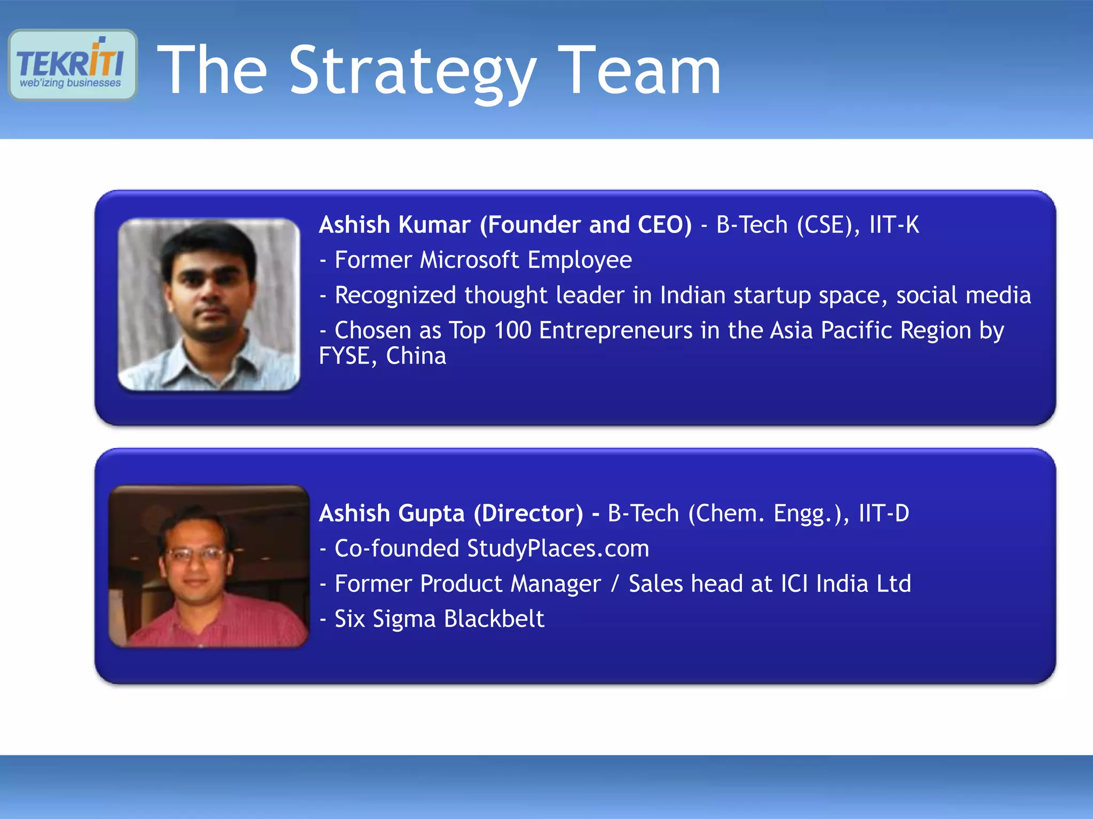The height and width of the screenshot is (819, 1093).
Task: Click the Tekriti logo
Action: (73, 65)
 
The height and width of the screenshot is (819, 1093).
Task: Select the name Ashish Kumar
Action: (394, 224)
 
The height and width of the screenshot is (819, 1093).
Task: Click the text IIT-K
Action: (894, 224)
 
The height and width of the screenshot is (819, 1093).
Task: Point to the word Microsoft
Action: (470, 260)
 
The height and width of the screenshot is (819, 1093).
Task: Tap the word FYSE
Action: (344, 356)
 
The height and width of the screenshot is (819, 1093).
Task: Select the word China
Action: (416, 356)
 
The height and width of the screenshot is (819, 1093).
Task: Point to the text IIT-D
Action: (883, 513)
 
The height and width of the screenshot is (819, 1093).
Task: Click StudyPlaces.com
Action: (558, 549)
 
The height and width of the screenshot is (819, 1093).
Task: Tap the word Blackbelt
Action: (494, 619)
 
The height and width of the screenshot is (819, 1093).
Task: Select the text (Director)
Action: (528, 513)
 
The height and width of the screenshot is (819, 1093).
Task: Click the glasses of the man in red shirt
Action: (195, 555)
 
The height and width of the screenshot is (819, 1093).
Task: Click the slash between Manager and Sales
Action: (615, 584)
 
